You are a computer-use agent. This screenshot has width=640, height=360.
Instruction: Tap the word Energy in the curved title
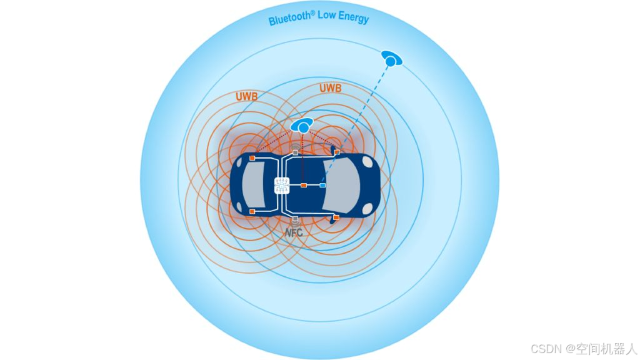[353, 16]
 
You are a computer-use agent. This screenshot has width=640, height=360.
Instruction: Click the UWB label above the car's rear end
[247, 97]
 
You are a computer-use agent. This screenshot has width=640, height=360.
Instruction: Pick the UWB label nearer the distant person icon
[330, 88]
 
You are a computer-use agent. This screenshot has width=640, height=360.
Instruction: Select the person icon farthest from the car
[391, 59]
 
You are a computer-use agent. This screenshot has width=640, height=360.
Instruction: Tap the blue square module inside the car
[322, 186]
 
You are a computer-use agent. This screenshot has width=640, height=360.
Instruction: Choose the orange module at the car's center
[303, 186]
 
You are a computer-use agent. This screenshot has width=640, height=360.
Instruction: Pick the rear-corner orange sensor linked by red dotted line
[252, 158]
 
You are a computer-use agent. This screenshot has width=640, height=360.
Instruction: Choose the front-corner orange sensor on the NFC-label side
[336, 217]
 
